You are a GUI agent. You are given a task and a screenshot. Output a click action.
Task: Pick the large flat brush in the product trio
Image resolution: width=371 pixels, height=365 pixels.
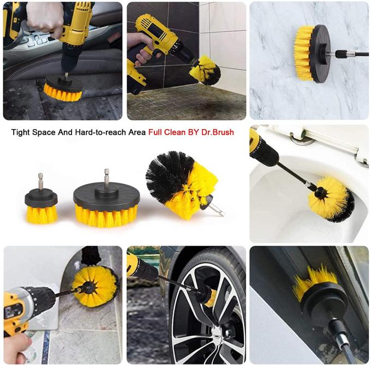pyautogui.click(x=106, y=204)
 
